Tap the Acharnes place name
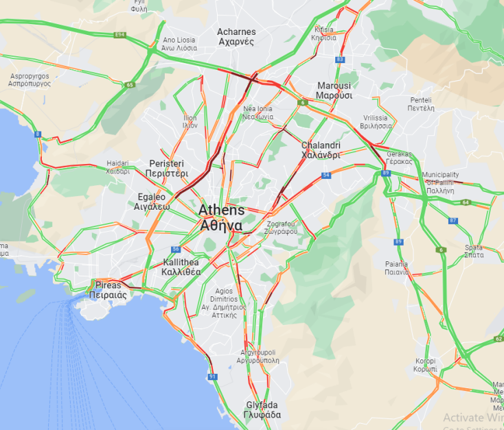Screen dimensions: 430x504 tap(236, 36)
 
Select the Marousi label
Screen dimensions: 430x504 tap(334, 91)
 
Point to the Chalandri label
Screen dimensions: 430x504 tap(321, 150)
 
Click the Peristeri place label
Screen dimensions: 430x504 tap(166, 168)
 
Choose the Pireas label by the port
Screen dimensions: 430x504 tap(108, 289)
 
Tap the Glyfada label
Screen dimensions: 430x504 tap(263, 409)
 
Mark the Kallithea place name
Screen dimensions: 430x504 tap(182, 267)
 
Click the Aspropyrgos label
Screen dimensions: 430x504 tap(30, 78)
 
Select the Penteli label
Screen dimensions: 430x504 tap(421, 104)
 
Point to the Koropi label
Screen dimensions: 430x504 tap(426, 364)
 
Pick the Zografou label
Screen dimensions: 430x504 tap(282, 227)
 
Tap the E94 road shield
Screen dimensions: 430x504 tap(121, 34)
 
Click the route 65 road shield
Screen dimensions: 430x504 tap(129, 85)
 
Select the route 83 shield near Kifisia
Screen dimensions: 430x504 tap(340, 60)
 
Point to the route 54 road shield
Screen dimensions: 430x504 tap(326, 176)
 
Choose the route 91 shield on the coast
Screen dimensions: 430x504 tap(212, 377)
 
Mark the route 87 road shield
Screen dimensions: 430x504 tap(453, 220)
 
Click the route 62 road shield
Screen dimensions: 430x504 tap(498, 339)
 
